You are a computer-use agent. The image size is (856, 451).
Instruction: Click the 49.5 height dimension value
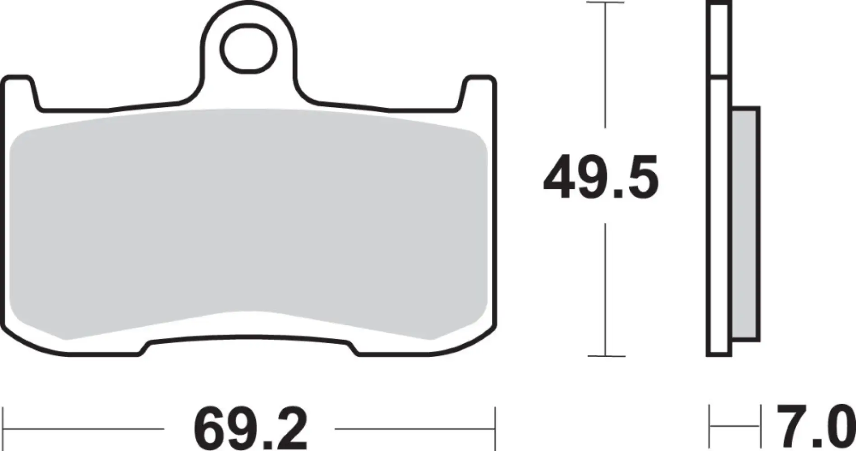coord(601,177)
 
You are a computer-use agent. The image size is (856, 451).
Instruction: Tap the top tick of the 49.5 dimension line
coord(605,3)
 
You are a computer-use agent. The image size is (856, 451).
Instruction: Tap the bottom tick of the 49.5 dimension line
coord(605,356)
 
